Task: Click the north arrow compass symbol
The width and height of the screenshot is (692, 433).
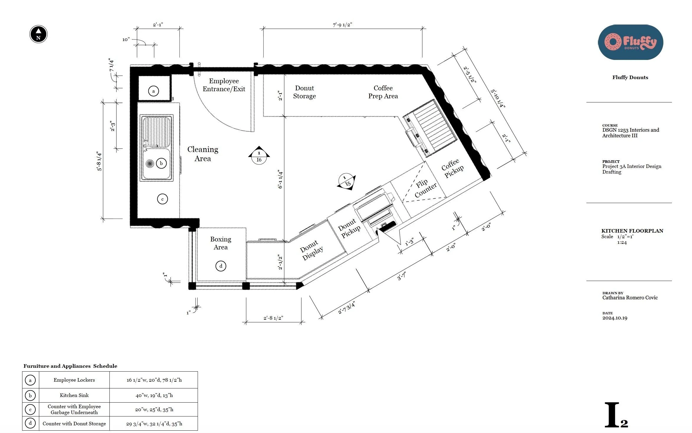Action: [x=38, y=34]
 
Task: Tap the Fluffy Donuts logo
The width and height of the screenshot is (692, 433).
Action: [x=630, y=42]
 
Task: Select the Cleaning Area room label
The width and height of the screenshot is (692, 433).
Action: [x=203, y=154]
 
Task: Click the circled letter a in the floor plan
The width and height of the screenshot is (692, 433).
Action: [x=153, y=91]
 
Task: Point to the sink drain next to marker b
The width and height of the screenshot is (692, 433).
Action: [x=150, y=163]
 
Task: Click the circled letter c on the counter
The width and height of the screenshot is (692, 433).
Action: [x=163, y=199]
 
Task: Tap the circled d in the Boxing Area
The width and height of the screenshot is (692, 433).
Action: [x=221, y=266]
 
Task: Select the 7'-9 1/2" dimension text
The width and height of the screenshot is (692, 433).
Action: [x=342, y=25]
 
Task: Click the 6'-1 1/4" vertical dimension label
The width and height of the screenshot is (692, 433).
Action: [x=280, y=179]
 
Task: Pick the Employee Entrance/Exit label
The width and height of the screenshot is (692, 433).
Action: [x=224, y=85]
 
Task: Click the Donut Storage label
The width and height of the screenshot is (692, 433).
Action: [x=304, y=92]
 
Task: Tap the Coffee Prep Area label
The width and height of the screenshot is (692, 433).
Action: [x=383, y=92]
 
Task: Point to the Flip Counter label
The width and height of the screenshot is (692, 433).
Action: [x=425, y=188]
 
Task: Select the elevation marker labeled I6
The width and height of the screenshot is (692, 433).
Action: [x=259, y=156]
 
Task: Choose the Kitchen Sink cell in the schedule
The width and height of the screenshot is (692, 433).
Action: [x=74, y=395]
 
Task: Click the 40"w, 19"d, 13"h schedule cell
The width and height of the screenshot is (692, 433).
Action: [x=154, y=395]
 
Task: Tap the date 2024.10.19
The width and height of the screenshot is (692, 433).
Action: [x=615, y=318]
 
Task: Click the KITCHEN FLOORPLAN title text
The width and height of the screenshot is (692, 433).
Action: [x=632, y=231]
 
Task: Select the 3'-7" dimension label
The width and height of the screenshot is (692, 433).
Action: [x=401, y=276]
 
